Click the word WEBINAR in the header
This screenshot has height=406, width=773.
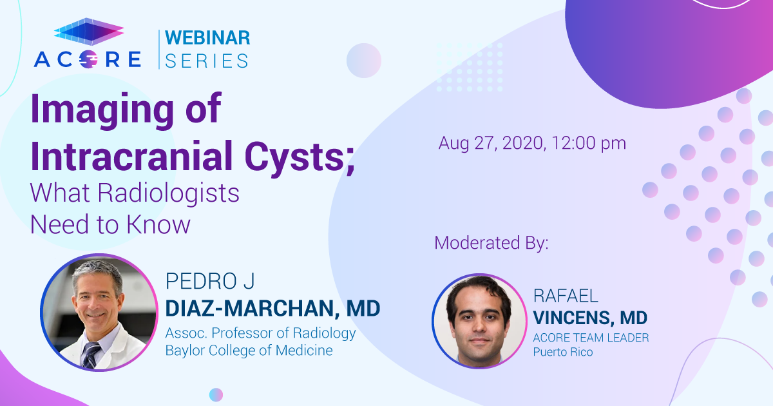point(207,37)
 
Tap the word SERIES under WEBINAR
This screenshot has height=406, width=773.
point(207,61)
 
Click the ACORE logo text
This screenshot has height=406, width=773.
point(88,59)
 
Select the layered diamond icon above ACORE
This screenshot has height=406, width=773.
point(88,32)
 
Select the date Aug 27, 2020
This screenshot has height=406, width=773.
point(490,143)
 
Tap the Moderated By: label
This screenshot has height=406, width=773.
point(491,243)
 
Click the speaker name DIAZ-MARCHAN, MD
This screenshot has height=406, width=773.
point(272,309)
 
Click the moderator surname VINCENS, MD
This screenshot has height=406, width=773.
point(590,318)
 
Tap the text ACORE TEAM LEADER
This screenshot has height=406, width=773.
point(591,338)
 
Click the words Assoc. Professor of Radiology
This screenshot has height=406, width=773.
point(260,333)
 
